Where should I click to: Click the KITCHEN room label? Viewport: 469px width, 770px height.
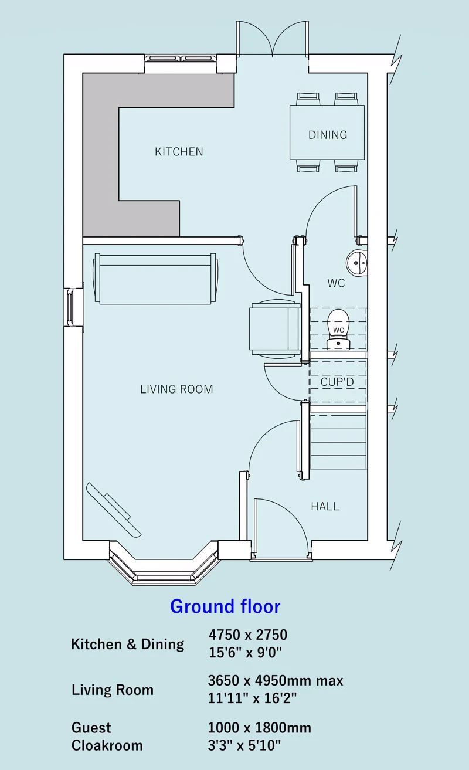(x=179, y=151)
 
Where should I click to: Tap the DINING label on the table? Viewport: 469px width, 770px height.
(x=328, y=135)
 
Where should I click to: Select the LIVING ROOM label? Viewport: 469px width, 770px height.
(x=176, y=389)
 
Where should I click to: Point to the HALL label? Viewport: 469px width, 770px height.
(x=325, y=506)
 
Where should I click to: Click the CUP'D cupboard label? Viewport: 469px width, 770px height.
(x=337, y=382)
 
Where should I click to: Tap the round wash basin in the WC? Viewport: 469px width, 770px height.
(x=356, y=262)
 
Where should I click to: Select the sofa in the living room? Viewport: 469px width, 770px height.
(x=155, y=279)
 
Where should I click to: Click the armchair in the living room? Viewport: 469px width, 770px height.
(x=274, y=328)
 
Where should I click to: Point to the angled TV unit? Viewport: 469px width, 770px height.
(x=114, y=510)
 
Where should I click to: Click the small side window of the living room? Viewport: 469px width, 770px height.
(x=70, y=307)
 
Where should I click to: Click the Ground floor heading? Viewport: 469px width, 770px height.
(x=225, y=616)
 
